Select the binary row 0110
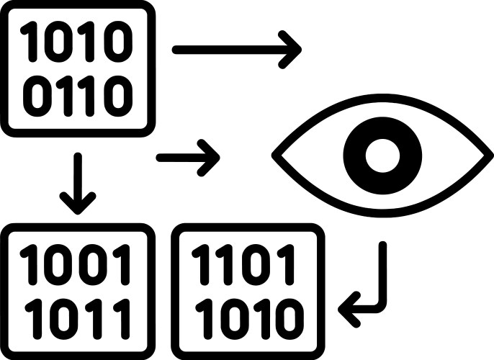78,96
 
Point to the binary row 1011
78,315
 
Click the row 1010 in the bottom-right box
246,315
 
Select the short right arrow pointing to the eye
188,156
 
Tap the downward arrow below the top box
78,180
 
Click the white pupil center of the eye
382,153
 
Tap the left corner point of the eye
274,153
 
